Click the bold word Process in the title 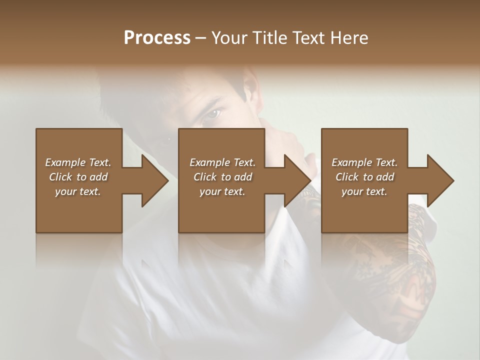[157, 38]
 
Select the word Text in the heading [307, 38]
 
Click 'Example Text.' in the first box [78, 162]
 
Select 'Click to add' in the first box [78, 177]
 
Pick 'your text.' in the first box [78, 191]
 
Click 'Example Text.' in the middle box [222, 162]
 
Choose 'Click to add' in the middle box [222, 177]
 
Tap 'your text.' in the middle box [222, 191]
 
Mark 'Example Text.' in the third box [364, 162]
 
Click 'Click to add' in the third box [364, 177]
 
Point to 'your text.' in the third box [364, 191]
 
